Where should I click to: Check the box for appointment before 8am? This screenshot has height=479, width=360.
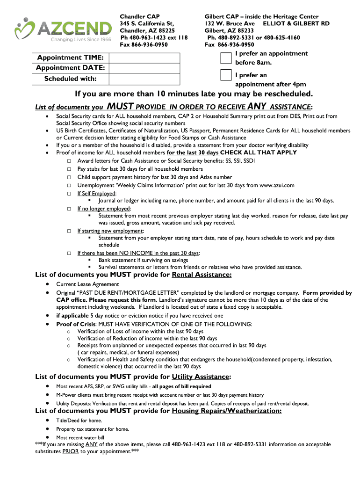226,58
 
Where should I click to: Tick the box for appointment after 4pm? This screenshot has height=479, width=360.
226,75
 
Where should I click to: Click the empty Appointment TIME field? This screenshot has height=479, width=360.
144,58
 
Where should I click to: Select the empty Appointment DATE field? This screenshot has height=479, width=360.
144,68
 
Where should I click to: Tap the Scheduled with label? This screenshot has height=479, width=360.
70,79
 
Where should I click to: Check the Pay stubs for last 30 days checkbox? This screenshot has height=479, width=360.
69,169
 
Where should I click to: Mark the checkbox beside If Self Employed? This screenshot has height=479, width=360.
69,193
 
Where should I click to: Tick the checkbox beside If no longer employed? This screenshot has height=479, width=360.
69,209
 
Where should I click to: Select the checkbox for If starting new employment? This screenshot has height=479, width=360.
69,231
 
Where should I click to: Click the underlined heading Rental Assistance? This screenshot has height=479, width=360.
202,275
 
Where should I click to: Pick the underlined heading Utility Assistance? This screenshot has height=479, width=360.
201,377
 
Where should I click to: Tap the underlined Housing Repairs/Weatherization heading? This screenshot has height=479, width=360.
227,411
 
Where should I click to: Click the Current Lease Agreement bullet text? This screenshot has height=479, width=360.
87,284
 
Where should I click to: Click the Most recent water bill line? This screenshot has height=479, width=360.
80,437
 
